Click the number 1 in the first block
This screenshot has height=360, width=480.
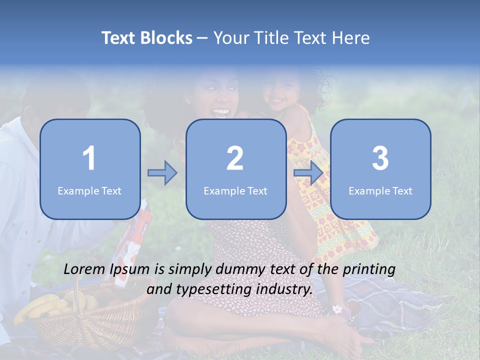(x=89, y=158)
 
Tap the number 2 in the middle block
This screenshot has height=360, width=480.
(x=235, y=158)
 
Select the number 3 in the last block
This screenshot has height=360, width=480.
(x=380, y=158)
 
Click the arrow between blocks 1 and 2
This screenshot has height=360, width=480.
(x=162, y=173)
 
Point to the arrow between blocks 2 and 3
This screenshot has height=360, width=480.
(x=308, y=173)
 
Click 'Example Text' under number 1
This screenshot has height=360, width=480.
(x=89, y=191)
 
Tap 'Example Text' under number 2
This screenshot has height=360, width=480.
(x=235, y=191)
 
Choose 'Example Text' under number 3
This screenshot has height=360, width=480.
(x=380, y=191)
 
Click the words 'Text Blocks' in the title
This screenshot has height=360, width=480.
(x=147, y=38)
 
